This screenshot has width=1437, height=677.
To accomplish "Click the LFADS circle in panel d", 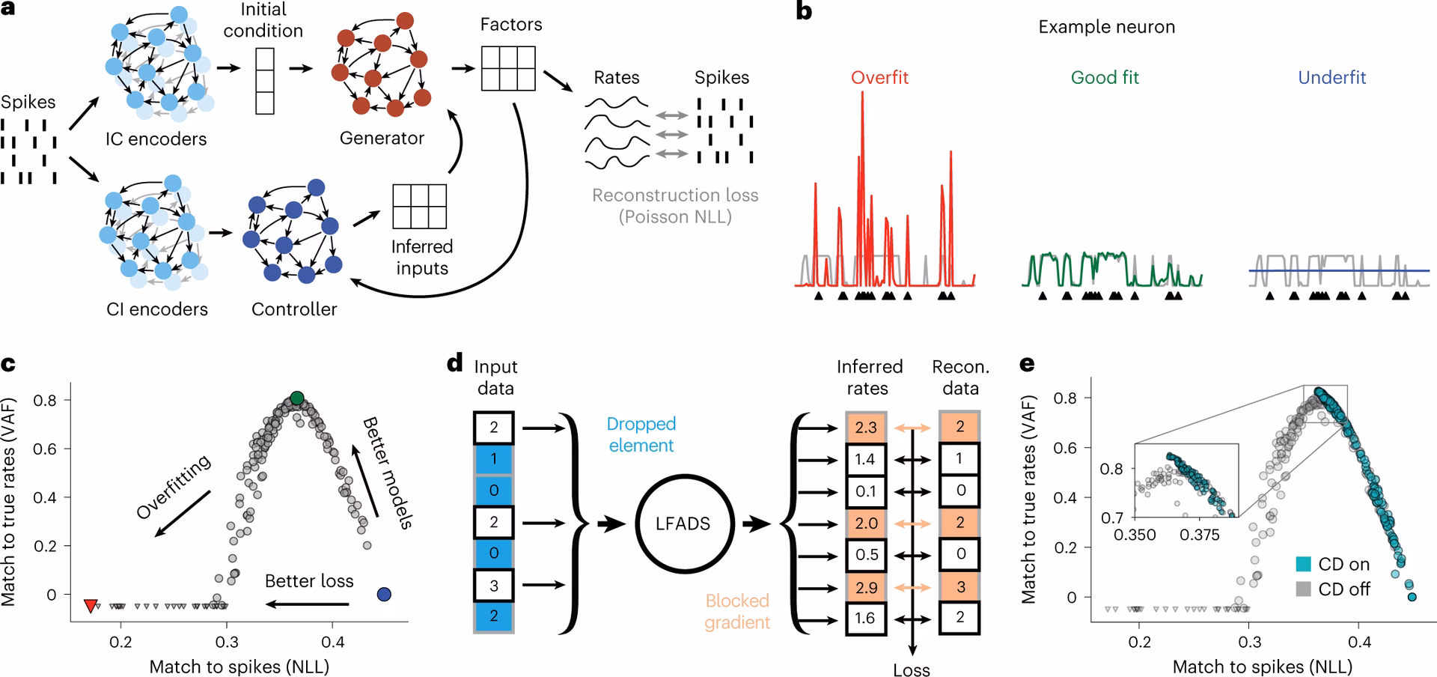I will point(682,523).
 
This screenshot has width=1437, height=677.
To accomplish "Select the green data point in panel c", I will point(297,398).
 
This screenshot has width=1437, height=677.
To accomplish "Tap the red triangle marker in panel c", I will point(91,605).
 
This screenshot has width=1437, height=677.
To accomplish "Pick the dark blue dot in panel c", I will point(384,595).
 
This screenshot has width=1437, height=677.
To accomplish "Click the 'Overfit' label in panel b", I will point(879,78).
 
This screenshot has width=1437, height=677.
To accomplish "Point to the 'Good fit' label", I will point(1105,78).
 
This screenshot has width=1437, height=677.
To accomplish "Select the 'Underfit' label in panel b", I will point(1331,78).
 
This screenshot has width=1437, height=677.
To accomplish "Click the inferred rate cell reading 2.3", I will point(866,428).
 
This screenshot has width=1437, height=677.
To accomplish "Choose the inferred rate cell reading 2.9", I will point(866,587).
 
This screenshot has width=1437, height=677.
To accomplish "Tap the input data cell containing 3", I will point(493,586).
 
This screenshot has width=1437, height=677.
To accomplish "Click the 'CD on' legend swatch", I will point(1303,565).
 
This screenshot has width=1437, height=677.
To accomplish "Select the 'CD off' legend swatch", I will point(1303,589).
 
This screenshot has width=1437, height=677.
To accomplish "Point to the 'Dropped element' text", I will point(641,434).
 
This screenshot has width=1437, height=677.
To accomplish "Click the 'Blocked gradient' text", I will point(737,611).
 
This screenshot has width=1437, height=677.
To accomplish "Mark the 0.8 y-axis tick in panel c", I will point(45,400).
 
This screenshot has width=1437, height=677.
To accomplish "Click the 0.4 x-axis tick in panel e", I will point(1359,642).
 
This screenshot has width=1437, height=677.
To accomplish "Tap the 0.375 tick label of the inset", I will point(1200,535).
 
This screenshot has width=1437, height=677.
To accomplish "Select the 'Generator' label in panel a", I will point(382,139).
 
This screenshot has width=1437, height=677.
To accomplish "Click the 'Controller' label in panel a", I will point(294,309).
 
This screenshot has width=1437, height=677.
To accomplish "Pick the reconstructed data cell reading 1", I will point(959,459).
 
